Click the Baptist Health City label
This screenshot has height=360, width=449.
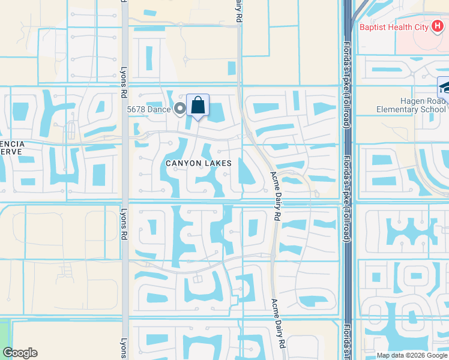[x=393, y=27]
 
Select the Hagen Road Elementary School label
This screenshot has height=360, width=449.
[x=411, y=106]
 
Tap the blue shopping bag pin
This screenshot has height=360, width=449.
[x=197, y=106]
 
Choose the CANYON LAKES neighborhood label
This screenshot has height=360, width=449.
[x=199, y=163]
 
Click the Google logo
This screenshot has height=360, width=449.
[x=20, y=353]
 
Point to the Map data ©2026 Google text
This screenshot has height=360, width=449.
[x=411, y=355]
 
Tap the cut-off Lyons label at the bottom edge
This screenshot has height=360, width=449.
[x=124, y=347]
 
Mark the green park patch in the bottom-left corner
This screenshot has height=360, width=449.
[x=5, y=334]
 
